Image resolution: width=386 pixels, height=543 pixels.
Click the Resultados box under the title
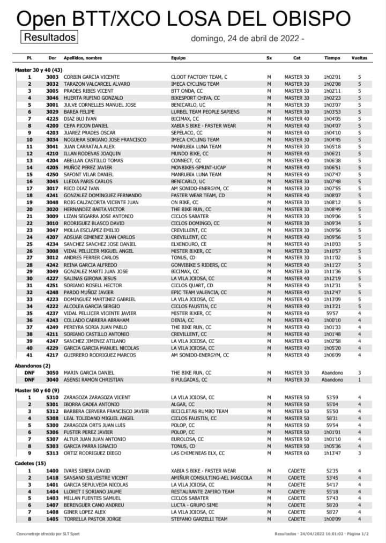[x=49, y=37]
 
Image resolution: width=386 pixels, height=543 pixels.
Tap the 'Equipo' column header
[x=178, y=57]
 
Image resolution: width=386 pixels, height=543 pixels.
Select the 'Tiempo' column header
[x=332, y=57]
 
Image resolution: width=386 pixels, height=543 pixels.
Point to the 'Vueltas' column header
[x=359, y=57]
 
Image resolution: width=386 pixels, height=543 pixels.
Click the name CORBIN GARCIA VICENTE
[x=92, y=77]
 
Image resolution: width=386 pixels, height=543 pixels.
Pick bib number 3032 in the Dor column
[x=52, y=84]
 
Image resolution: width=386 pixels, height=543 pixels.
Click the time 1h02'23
[x=332, y=98]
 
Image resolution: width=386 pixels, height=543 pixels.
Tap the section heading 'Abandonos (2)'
[x=33, y=365]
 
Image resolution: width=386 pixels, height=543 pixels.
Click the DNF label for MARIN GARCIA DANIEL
[x=29, y=372]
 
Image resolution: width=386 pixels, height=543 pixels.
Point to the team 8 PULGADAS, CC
[x=191, y=379]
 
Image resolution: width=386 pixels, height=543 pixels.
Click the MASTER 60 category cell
[x=296, y=452]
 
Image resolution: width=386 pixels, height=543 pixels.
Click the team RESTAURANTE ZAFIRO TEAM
[x=202, y=492]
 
